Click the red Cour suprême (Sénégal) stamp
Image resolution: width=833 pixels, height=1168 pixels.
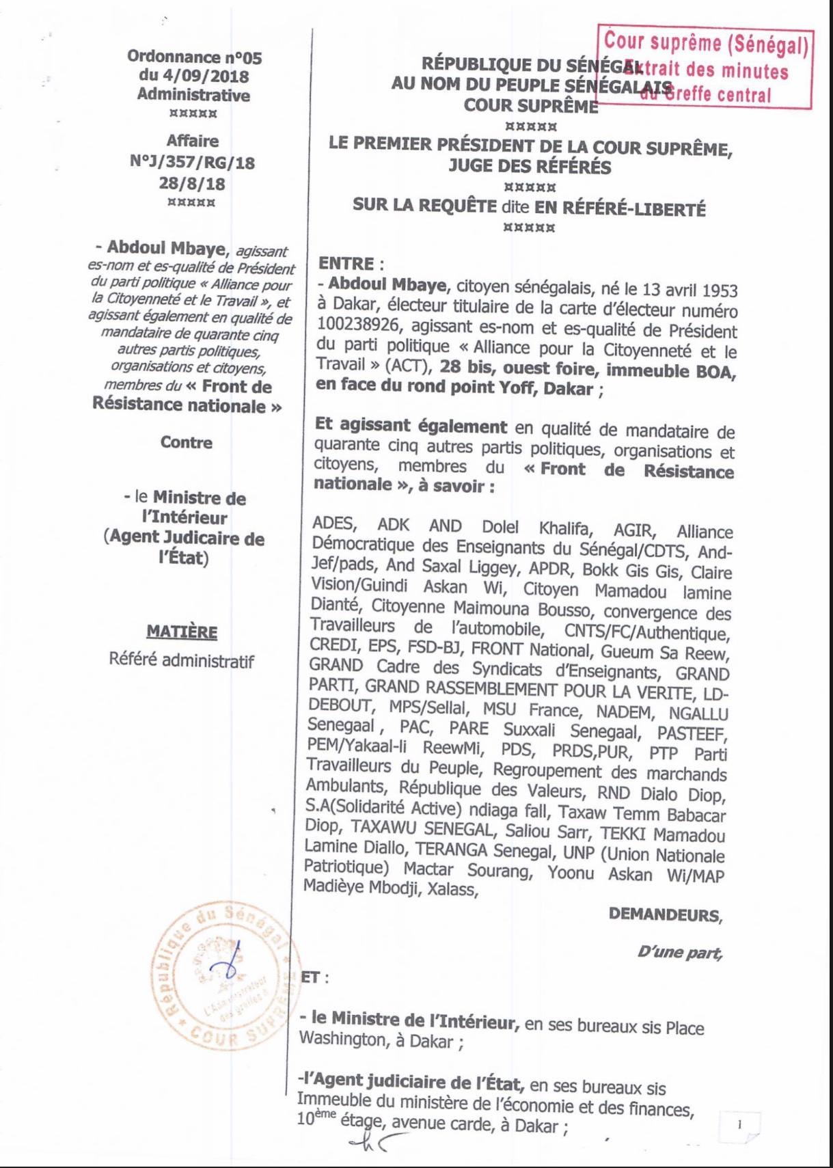pos(706,68)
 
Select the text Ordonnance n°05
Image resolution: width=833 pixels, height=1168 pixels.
pos(194,57)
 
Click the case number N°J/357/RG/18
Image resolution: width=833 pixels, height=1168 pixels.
pos(192,163)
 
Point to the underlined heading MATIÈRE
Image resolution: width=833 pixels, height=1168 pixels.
pos(182,631)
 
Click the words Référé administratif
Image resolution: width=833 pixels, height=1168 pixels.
pos(181,661)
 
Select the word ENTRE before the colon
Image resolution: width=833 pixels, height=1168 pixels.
pos(346,264)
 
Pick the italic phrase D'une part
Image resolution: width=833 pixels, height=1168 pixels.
pos(679,951)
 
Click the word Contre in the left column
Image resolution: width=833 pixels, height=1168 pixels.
pos(186,442)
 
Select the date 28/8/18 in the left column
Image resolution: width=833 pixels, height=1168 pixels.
pos(192,183)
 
